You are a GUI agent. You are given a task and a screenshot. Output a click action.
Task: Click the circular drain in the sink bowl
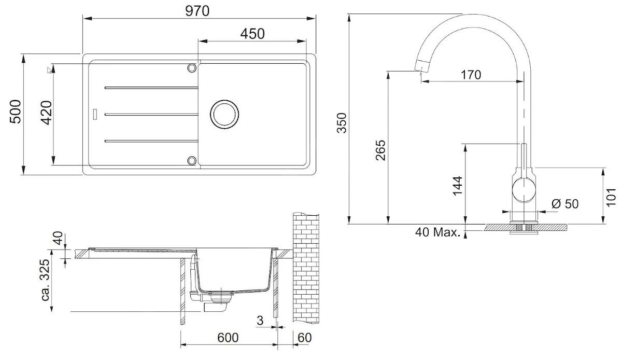[224, 114]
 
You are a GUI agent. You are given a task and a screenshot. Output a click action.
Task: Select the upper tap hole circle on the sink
[192, 68]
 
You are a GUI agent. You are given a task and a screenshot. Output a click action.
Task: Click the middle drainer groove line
[151, 114]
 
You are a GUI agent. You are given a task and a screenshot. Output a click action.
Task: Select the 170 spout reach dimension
[471, 75]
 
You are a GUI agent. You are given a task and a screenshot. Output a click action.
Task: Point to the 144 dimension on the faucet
[457, 185]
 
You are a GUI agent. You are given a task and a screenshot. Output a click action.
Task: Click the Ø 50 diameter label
[564, 204]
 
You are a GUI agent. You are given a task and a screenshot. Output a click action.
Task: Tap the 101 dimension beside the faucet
[612, 195]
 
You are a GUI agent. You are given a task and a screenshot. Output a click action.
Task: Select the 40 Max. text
[437, 232]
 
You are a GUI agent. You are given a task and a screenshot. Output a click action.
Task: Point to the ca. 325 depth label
[46, 281]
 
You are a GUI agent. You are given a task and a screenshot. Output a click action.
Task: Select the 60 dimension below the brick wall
[305, 338]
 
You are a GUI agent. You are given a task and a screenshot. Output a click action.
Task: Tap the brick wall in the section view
[306, 270]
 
